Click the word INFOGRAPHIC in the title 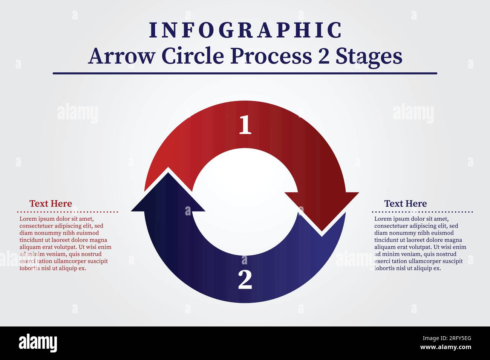click(x=245, y=31)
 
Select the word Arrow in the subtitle click(x=121, y=56)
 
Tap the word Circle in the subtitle click(x=193, y=56)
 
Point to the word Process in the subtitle click(x=271, y=56)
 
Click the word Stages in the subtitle click(x=369, y=56)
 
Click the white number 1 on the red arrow click(x=245, y=125)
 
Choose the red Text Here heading click(x=51, y=204)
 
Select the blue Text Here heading click(x=405, y=204)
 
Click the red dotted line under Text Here click(x=68, y=212)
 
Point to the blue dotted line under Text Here click(x=422, y=212)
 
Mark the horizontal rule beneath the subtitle click(x=245, y=73)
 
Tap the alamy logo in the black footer click(x=38, y=343)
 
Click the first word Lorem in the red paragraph click(x=27, y=219)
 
